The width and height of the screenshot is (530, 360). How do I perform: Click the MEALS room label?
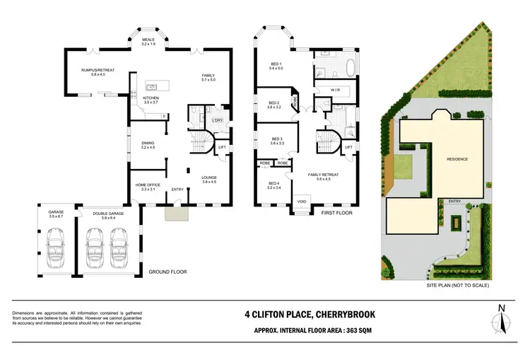point(148,40)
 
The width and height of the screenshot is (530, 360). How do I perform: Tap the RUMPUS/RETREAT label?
point(98,71)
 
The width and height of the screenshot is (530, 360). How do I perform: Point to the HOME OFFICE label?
point(148,185)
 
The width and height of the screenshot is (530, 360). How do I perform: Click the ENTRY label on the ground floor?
point(177,189)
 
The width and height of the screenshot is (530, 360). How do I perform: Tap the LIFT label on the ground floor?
point(222,147)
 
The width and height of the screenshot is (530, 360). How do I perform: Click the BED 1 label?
point(276,65)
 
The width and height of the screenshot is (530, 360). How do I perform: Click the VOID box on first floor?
point(302,200)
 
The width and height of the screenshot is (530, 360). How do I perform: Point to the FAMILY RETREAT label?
point(323,175)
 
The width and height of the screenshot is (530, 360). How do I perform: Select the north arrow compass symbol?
point(502,318)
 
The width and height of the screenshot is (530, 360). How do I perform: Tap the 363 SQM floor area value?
point(370,330)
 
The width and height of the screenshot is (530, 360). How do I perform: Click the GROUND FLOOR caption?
point(167,272)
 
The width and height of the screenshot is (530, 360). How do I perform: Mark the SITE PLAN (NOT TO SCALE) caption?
point(457,286)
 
